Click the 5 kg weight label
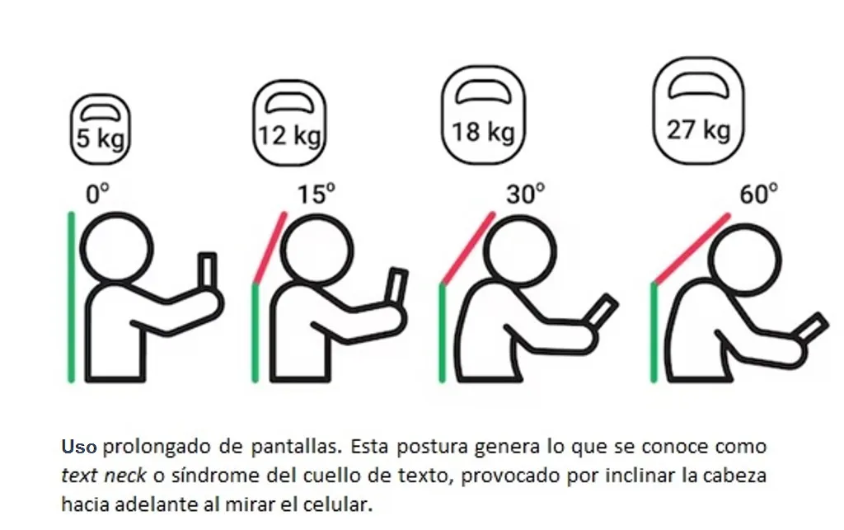pos(101,138)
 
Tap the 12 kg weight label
pos(289,135)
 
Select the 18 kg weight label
pos(483,132)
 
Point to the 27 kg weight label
pos(699,129)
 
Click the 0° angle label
pos(97,194)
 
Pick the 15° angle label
pos(316,194)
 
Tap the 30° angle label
pos(525,194)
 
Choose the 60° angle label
pos(758,194)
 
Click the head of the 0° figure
pos(116,249)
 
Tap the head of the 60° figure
pos(744,260)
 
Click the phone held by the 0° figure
pos(207,272)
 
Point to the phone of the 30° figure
pos(603,310)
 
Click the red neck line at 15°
pos(270,248)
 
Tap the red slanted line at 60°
pos(692,249)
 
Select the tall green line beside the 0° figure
pos(71,298)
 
